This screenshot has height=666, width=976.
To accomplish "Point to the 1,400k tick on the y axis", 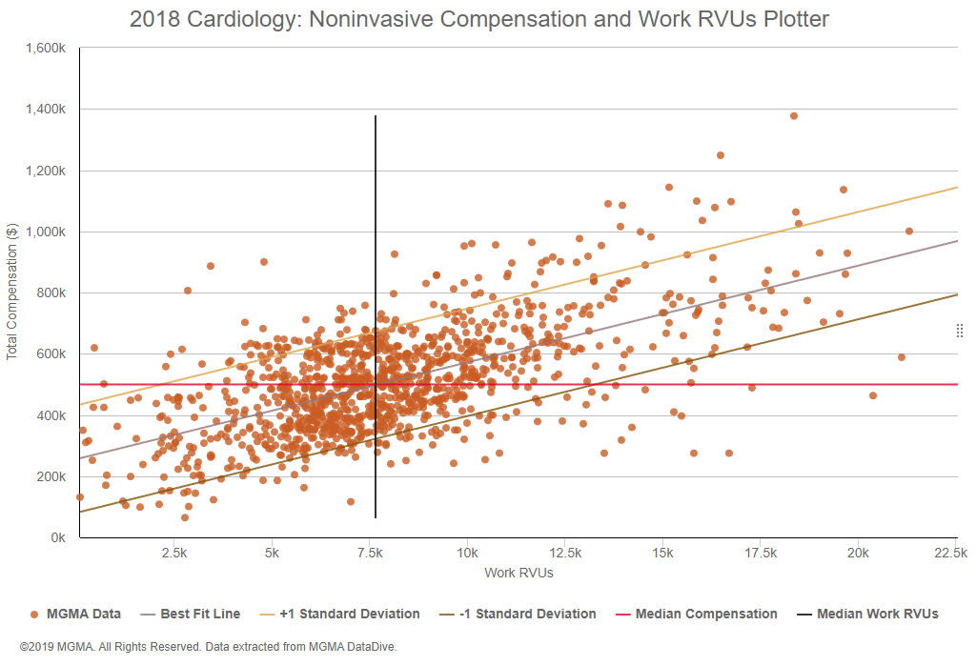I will point(47,110).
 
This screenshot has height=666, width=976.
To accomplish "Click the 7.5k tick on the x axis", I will point(374,553).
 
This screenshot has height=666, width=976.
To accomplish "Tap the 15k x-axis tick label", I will point(663,553).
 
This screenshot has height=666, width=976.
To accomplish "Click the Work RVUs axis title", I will point(518,573).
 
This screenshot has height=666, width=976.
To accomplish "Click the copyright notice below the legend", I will point(208,646).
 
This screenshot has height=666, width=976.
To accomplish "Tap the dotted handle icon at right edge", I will point(960,331).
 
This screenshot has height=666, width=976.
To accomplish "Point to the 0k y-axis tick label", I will point(57,538).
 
